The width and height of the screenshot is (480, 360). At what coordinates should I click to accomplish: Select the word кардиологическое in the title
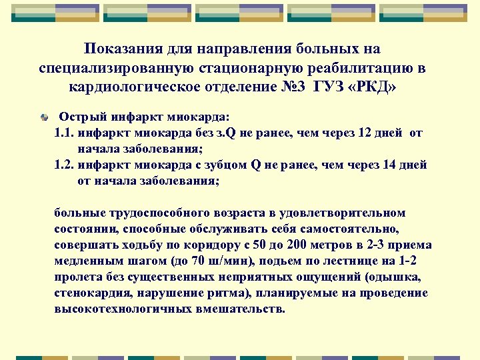(144, 87)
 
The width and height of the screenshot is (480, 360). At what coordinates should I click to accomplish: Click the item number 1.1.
(64, 133)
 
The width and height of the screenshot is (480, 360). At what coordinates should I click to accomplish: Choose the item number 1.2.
(64, 165)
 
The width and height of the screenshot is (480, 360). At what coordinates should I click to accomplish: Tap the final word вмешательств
(246, 309)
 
